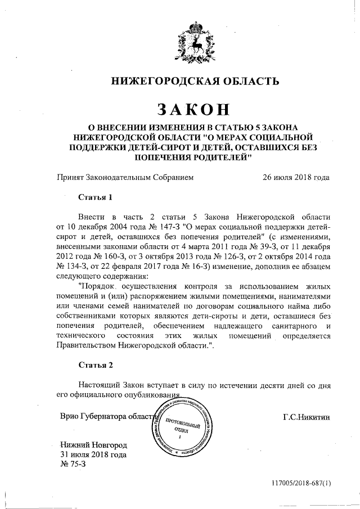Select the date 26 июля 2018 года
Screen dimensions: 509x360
tap(296, 178)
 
